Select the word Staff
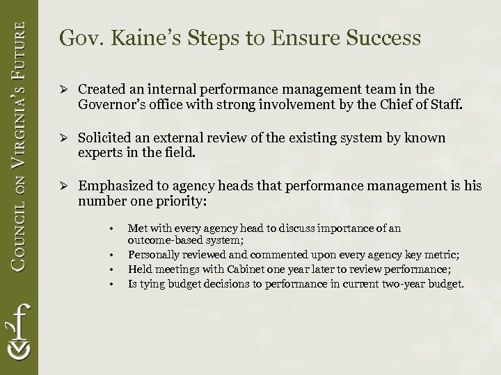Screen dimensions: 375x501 tap(445, 105)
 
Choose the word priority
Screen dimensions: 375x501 tap(184, 201)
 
